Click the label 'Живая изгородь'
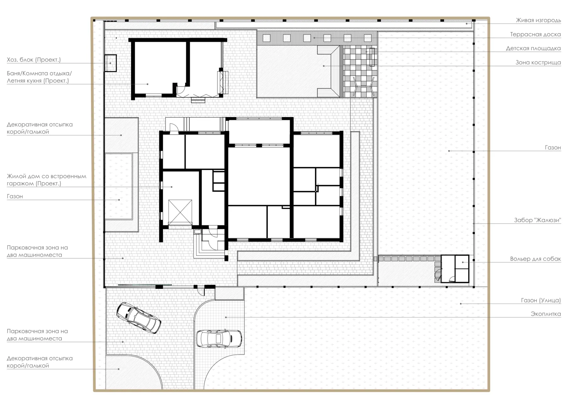(x=538, y=21)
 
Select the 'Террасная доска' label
(x=535, y=34)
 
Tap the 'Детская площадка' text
(x=533, y=48)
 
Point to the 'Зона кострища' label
(x=538, y=63)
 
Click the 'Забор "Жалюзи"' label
(x=537, y=220)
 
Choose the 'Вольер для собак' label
(x=535, y=259)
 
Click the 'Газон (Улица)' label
(x=541, y=300)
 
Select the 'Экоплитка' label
(x=546, y=314)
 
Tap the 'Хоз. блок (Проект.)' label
(x=34, y=60)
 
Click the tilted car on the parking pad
(x=139, y=318)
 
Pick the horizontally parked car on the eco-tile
(x=219, y=339)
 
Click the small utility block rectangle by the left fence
(x=110, y=63)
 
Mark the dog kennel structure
(x=455, y=269)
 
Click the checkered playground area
(x=360, y=71)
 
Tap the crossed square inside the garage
(x=180, y=212)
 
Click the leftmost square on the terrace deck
(x=266, y=38)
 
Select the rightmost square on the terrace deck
(x=368, y=38)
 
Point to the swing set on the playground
(x=364, y=86)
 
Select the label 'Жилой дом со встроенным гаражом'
(x=46, y=180)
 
